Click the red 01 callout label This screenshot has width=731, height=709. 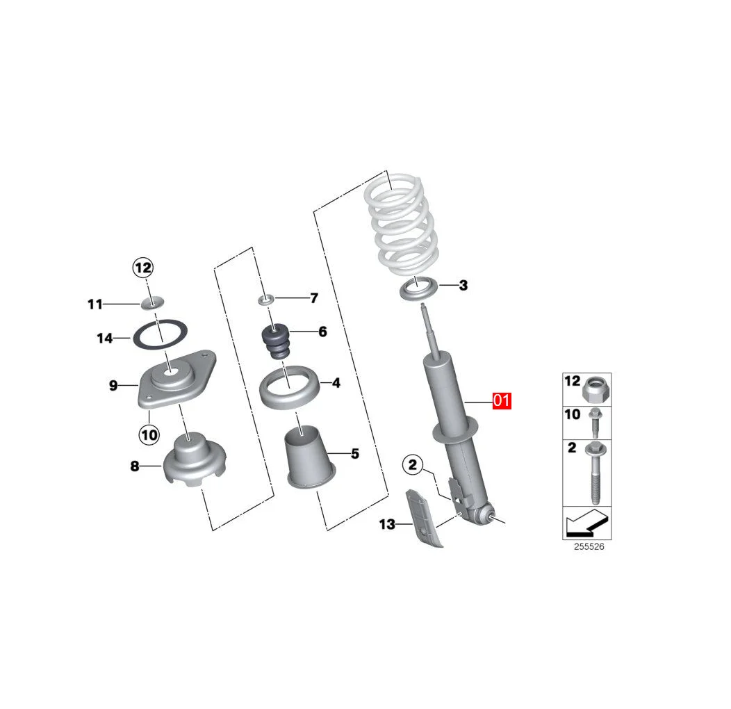click(x=502, y=401)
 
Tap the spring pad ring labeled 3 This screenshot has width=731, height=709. click(x=419, y=287)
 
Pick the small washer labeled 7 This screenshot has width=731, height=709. click(x=266, y=299)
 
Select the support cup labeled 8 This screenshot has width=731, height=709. click(x=192, y=460)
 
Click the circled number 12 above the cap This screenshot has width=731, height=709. click(x=142, y=267)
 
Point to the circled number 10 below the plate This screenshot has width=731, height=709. click(x=149, y=435)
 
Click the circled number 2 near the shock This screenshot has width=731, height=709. click(x=412, y=465)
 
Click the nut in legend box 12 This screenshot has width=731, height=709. click(x=596, y=389)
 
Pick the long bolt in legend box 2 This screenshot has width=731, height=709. click(x=596, y=473)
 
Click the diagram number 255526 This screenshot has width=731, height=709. click(x=589, y=547)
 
